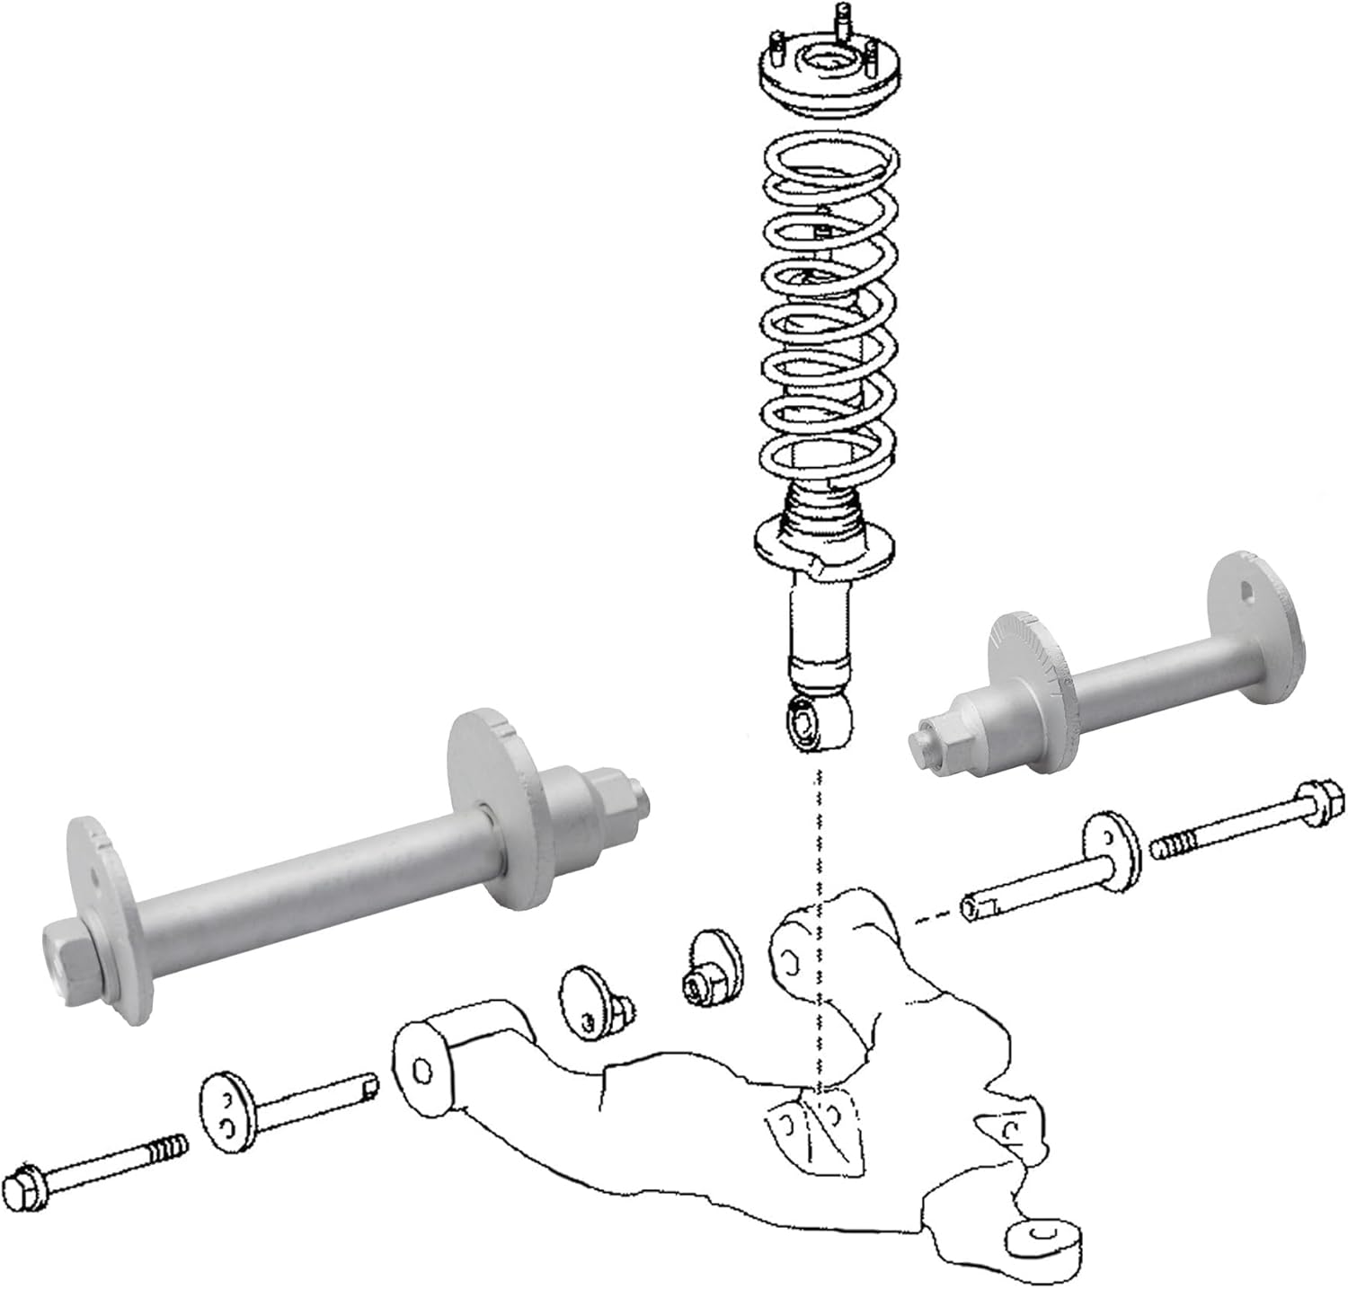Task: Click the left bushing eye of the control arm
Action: pyautogui.click(x=419, y=1070)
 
